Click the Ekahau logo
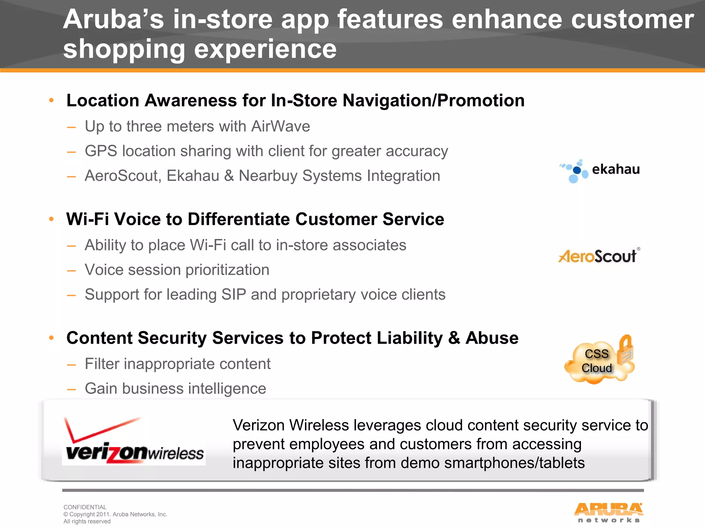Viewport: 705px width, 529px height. point(600,170)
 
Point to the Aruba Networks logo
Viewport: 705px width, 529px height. point(608,512)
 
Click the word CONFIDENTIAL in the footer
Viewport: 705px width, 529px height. point(85,507)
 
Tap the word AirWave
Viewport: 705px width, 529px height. point(281,126)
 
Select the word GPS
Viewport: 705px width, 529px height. point(101,151)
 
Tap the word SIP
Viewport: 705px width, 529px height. point(234,295)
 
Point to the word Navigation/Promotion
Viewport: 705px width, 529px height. point(433,101)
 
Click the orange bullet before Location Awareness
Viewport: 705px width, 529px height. point(52,101)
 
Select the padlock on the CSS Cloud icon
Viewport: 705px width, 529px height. point(625,350)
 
